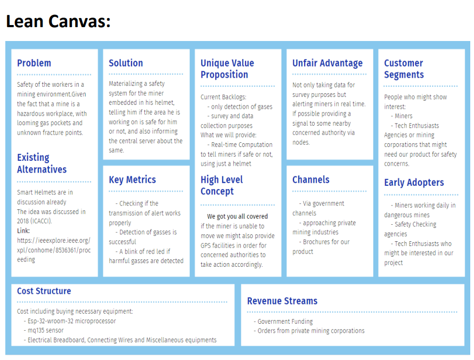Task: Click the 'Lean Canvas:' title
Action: click(59, 21)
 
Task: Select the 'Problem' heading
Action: click(34, 63)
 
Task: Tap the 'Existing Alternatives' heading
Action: click(42, 163)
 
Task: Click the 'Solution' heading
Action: click(126, 63)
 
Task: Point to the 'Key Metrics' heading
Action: click(133, 179)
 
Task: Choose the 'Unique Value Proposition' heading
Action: click(227, 69)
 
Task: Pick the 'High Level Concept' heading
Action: click(222, 185)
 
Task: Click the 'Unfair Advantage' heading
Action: click(328, 63)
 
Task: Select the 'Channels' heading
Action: click(310, 179)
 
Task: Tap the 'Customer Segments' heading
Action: click(404, 69)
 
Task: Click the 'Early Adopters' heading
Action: click(414, 183)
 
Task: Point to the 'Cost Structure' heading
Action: click(44, 291)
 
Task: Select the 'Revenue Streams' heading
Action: click(282, 301)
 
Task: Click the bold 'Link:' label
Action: click(23, 231)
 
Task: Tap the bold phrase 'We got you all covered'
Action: click(238, 216)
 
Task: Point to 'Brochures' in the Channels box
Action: click(317, 242)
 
